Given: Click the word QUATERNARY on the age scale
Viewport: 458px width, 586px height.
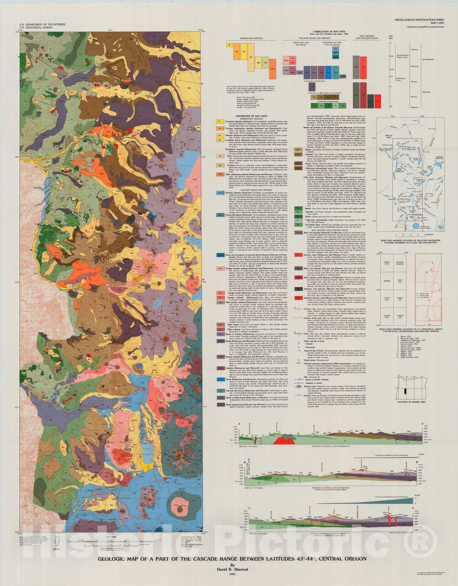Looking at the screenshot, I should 428,59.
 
